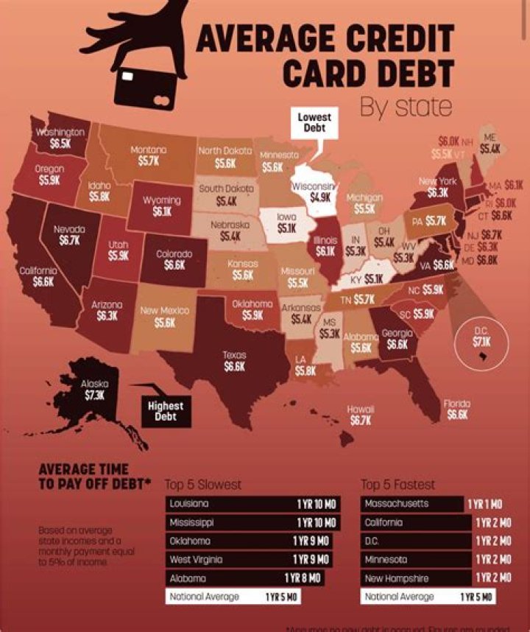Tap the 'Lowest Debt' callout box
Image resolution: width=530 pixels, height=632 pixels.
(x=314, y=122)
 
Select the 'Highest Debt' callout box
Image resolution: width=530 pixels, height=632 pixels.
(x=166, y=411)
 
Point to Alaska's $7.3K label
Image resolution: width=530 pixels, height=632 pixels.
(x=94, y=394)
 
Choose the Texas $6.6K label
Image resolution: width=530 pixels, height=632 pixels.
(x=234, y=366)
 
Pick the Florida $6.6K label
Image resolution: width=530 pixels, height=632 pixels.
(x=456, y=414)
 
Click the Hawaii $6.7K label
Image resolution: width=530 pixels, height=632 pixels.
(x=361, y=420)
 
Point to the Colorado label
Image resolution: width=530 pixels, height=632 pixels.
(x=174, y=254)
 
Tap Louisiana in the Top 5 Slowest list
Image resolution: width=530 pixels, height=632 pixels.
(x=189, y=504)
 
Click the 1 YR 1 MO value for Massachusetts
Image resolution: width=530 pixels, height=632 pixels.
(x=484, y=504)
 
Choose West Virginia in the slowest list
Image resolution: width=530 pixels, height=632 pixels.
(x=196, y=559)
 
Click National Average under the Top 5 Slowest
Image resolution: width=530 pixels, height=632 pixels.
(x=204, y=596)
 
